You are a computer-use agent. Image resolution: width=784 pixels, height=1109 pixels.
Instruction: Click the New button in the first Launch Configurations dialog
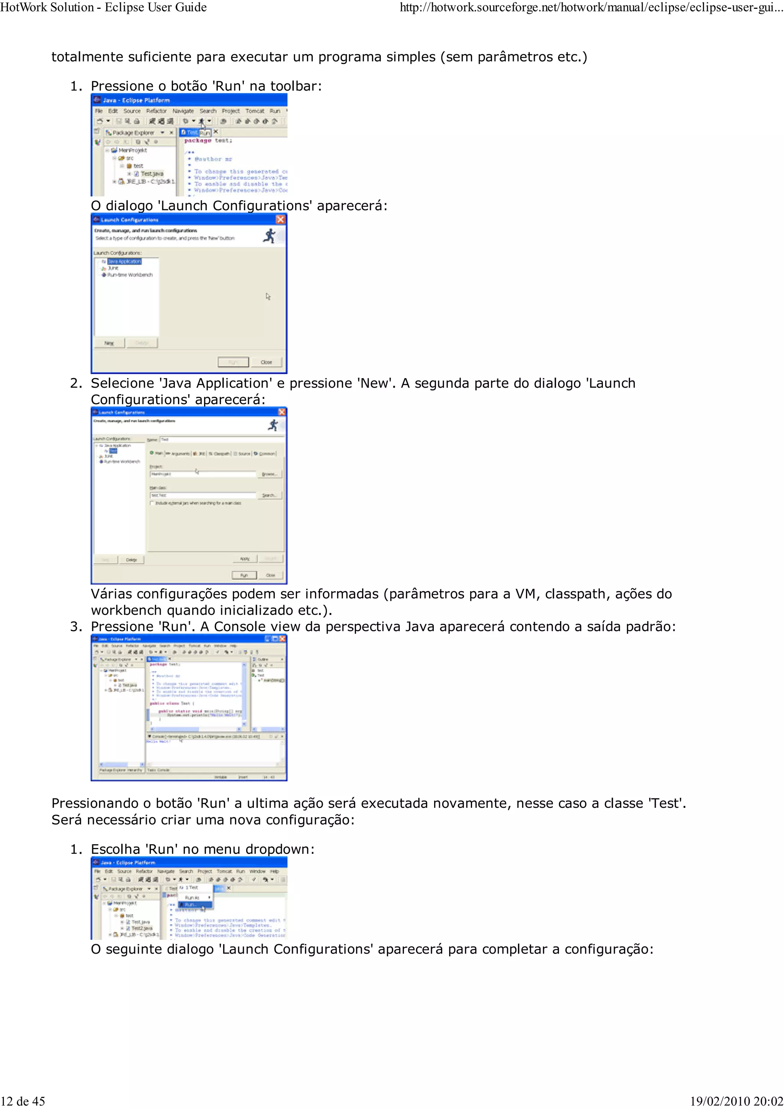[x=109, y=343]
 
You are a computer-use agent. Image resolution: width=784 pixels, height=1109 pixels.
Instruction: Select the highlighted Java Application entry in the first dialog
[x=124, y=261]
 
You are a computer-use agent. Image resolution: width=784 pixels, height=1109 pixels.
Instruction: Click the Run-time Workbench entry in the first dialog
[x=129, y=275]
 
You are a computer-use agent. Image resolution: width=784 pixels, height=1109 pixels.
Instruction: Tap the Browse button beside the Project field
[x=269, y=474]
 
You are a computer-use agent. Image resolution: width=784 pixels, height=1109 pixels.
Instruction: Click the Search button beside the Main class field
[x=269, y=495]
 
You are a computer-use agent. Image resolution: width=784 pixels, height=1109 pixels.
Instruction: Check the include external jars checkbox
[x=152, y=503]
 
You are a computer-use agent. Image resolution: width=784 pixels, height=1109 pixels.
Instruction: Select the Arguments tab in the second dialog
[x=179, y=453]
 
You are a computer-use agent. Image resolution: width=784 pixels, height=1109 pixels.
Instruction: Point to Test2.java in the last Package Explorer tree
[x=142, y=928]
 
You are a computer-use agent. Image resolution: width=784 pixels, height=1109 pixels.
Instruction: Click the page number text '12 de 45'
[x=23, y=1101]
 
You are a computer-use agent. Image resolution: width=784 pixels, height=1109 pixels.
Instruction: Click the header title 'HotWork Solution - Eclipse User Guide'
[x=103, y=7]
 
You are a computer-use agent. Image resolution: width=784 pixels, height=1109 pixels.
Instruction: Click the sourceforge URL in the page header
[x=589, y=7]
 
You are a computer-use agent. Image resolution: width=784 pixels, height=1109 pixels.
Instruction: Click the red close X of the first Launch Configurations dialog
[x=280, y=220]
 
